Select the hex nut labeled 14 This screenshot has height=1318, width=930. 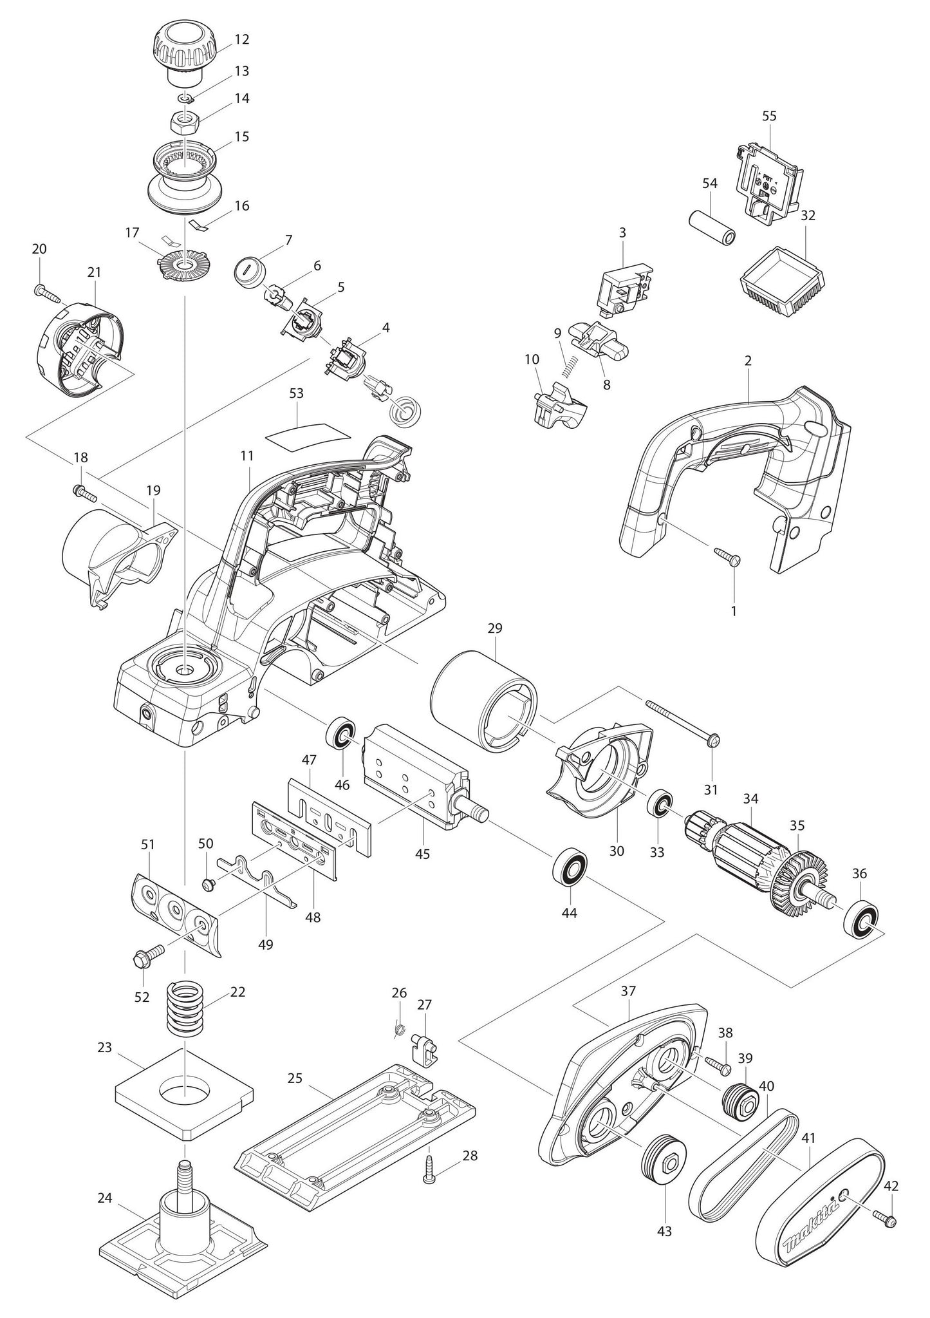pos(185,120)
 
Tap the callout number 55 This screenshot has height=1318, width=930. pos(769,116)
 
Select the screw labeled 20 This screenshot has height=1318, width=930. pos(46,293)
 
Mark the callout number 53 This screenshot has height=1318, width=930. pos(296,393)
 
